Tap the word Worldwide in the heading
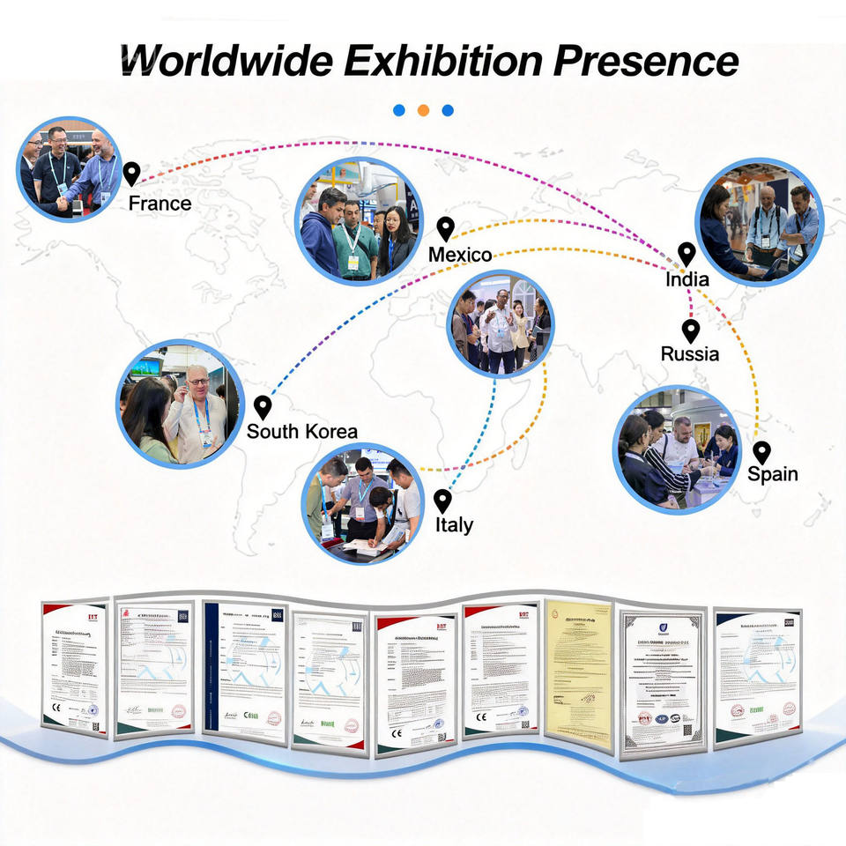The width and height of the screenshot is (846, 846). tap(227, 60)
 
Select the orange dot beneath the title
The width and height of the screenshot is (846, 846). tap(423, 110)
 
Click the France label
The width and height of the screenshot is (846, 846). tap(160, 204)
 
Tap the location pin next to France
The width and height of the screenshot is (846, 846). tap(131, 174)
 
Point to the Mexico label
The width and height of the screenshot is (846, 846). tap(460, 255)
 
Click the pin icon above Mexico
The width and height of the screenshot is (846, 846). tap(446, 228)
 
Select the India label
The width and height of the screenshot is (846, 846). tap(687, 280)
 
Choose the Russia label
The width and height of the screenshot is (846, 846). tap(690, 354)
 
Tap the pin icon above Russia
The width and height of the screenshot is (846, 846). tap(691, 330)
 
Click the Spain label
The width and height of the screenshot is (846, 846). tap(773, 474)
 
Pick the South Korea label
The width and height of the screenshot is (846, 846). tap(302, 431)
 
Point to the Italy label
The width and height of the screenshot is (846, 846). tap(454, 525)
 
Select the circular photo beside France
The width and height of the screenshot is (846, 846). tap(70, 168)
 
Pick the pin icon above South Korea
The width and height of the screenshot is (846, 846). tap(262, 406)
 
